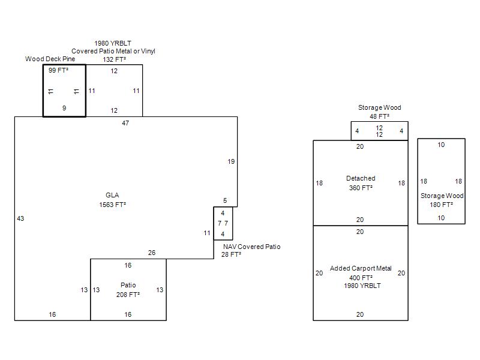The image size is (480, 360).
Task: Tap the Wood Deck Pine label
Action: (x=50, y=59)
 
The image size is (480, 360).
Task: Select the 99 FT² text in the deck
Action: (x=58, y=71)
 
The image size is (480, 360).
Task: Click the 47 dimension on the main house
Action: (x=125, y=123)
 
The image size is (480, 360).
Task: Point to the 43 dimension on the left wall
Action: (x=20, y=218)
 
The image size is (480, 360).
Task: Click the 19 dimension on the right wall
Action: (x=231, y=161)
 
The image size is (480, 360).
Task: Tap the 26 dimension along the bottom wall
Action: (x=152, y=253)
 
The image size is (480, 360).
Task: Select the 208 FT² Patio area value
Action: (x=128, y=295)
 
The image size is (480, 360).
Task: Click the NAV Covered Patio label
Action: (x=251, y=247)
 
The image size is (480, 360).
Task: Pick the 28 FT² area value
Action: (x=232, y=254)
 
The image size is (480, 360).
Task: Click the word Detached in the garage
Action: (x=361, y=178)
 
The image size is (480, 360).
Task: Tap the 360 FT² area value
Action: (x=361, y=188)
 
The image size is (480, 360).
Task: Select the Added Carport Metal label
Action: (x=361, y=269)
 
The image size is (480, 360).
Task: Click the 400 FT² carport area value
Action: (x=361, y=278)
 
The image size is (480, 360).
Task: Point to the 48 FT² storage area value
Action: (x=379, y=116)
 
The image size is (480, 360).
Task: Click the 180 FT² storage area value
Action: (x=441, y=205)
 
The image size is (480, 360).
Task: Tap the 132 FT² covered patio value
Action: (x=113, y=59)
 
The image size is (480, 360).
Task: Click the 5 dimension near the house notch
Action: (x=225, y=201)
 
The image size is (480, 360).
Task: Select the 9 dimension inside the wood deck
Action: (x=64, y=109)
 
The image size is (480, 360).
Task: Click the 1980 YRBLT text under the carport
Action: (x=361, y=286)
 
